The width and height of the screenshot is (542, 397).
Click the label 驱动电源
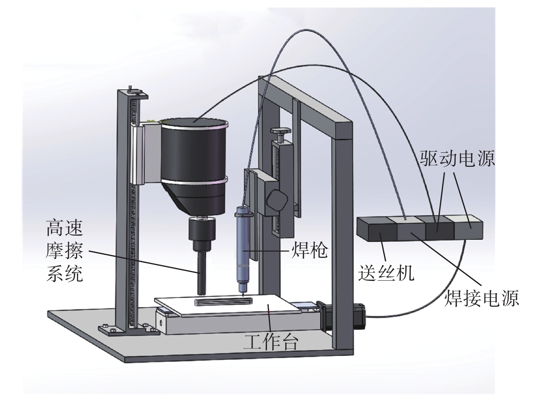[x=457, y=159]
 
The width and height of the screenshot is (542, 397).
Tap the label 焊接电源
[x=481, y=298]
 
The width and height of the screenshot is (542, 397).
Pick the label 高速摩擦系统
[x=65, y=251]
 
